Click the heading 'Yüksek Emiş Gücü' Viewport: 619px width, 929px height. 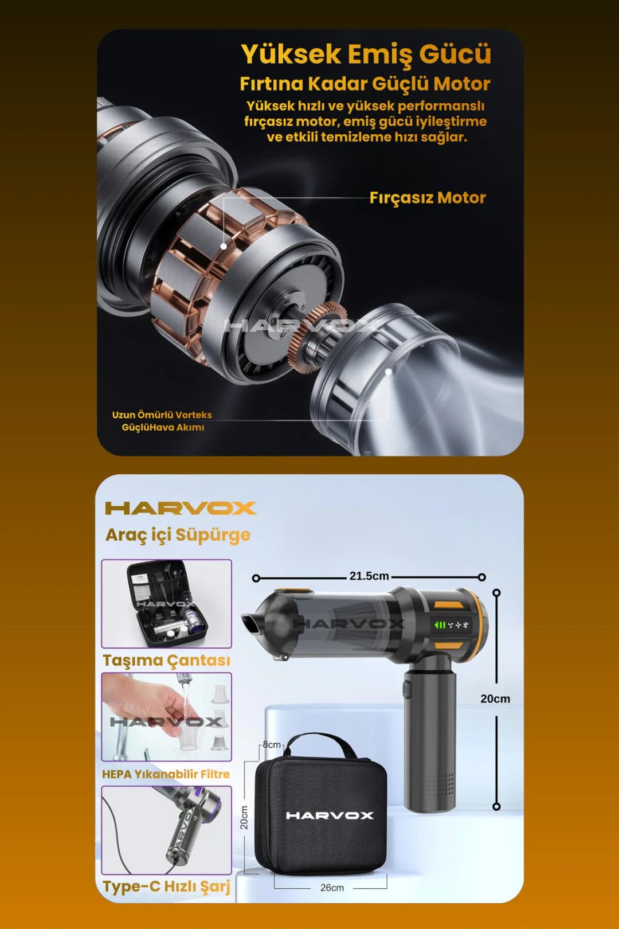click(366, 54)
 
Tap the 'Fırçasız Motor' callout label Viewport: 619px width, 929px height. click(428, 198)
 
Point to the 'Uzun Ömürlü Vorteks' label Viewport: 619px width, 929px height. click(162, 415)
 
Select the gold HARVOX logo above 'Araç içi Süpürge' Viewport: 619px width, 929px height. click(181, 508)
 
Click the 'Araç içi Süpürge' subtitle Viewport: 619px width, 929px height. click(178, 534)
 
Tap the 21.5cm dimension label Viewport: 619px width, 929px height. click(369, 576)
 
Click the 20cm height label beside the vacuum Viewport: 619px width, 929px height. click(495, 699)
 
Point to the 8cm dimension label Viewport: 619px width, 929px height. click(272, 745)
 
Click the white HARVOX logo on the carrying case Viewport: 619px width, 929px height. click(330, 815)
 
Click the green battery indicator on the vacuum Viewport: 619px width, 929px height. click(440, 624)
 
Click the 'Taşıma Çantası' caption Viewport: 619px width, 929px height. click(166, 661)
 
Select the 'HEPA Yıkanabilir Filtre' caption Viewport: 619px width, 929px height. click(166, 774)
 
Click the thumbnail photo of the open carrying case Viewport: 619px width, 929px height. click(167, 603)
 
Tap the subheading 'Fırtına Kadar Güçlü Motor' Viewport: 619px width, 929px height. click(365, 84)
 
